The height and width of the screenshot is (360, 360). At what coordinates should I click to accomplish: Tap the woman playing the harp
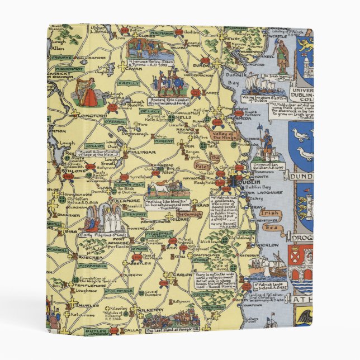[x=88, y=92]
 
